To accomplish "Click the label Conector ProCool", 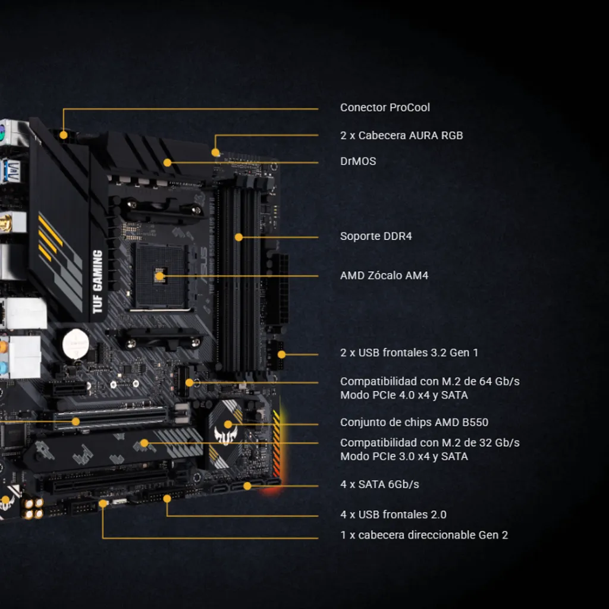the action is tap(385, 108).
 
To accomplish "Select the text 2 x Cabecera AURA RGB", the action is tap(401, 136).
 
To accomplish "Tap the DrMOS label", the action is tap(358, 161).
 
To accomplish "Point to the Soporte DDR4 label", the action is tap(376, 236).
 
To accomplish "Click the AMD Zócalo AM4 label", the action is tap(384, 275).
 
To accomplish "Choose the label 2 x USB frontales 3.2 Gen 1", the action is tap(409, 353).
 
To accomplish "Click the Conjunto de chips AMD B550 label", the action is tap(414, 422).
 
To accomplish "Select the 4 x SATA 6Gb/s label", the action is tap(379, 484).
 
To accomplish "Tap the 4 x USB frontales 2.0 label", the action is tap(393, 514).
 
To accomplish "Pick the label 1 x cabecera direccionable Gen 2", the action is tap(424, 535).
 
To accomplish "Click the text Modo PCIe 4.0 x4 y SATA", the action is tap(404, 395).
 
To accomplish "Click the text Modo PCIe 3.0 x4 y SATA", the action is tap(404, 456).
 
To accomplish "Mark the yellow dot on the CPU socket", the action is tap(159, 277).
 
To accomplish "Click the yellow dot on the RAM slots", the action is tap(239, 237).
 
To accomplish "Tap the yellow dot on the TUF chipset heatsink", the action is tap(228, 425).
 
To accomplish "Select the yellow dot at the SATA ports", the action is tap(247, 486).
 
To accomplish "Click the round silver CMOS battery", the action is tap(76, 344).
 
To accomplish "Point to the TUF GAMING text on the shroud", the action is tap(97, 281).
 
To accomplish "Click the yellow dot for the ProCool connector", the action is tap(63, 135).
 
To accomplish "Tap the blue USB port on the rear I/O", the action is tap(11, 171).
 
